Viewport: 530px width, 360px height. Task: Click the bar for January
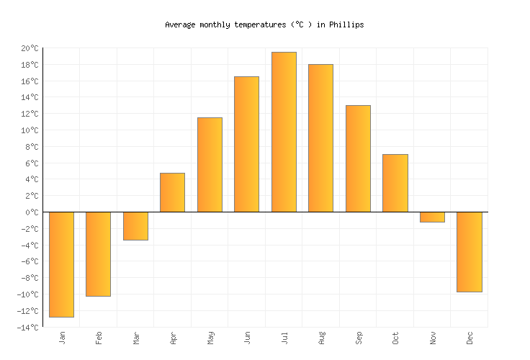tap(61, 264)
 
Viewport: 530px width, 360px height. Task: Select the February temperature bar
tap(98, 254)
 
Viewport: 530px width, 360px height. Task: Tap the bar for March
tap(135, 226)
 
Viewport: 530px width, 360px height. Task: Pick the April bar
tap(172, 192)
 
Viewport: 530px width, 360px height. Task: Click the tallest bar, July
tap(284, 132)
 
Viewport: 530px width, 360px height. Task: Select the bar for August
tap(320, 138)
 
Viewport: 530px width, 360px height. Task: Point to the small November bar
tap(432, 217)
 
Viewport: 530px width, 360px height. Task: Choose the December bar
tap(470, 252)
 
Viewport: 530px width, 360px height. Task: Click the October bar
tap(395, 183)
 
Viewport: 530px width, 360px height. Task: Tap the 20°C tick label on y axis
tap(30, 48)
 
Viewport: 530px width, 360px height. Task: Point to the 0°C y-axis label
tap(32, 212)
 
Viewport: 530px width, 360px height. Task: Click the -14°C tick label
tap(28, 328)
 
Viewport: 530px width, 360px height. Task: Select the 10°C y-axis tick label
tap(30, 130)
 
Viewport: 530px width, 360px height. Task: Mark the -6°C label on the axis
tap(30, 262)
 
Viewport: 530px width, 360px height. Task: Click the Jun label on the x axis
tap(247, 338)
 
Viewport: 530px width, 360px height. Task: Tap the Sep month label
tap(359, 338)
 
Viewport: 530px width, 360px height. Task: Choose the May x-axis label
tap(210, 338)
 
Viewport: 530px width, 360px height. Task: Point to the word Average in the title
tap(180, 24)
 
